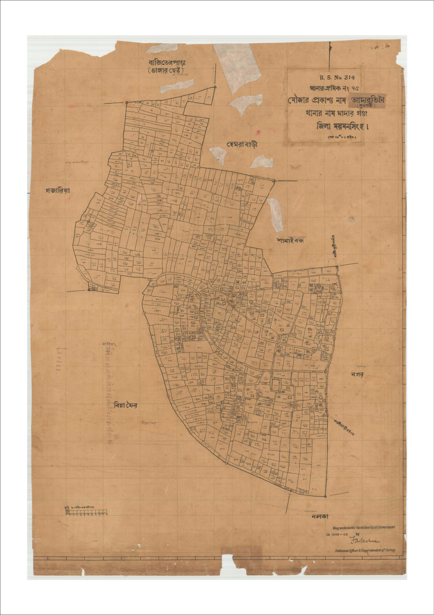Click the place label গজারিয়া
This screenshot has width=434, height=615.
pyautogui.click(x=57, y=190)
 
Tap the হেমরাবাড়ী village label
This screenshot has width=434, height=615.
pyautogui.click(x=242, y=144)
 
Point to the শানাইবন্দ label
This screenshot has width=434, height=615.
pyautogui.click(x=290, y=240)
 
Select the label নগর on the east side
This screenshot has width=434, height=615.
pyautogui.click(x=357, y=375)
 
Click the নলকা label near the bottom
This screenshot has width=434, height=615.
pyautogui.click(x=320, y=517)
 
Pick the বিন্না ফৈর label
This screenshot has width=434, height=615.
pyautogui.click(x=125, y=405)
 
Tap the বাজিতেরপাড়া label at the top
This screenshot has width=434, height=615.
pyautogui.click(x=167, y=63)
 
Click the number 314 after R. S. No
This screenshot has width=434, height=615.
pyautogui.click(x=349, y=78)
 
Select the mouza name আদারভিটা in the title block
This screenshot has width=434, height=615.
pyautogui.click(x=368, y=100)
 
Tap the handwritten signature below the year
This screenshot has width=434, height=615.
pyautogui.click(x=364, y=540)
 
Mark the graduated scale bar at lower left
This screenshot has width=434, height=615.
pyautogui.click(x=87, y=512)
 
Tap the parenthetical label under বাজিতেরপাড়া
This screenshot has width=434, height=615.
pyautogui.click(x=166, y=71)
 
